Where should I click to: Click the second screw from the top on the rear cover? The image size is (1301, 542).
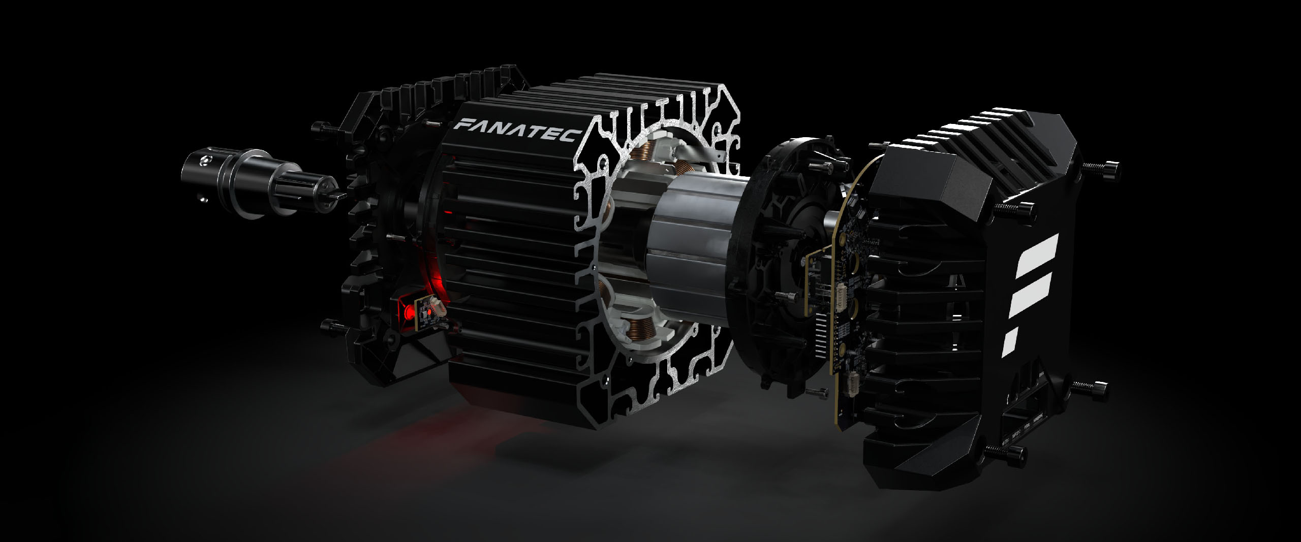tap(1011, 208)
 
